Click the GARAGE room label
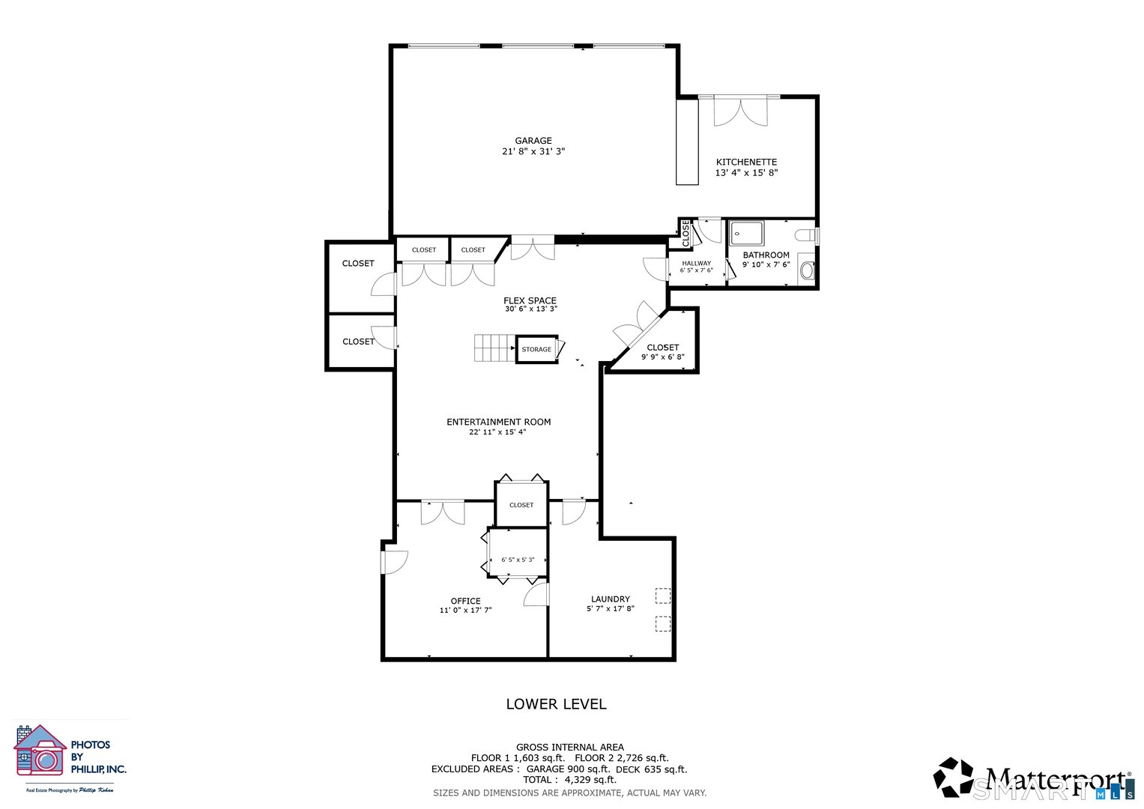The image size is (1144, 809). [533, 141]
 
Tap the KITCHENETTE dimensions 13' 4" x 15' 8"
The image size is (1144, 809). [746, 173]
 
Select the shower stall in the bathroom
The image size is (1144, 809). [746, 233]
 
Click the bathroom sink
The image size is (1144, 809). [807, 270]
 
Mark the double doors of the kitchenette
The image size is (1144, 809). [740, 112]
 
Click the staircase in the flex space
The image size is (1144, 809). [494, 348]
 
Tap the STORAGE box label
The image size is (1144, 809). [536, 350]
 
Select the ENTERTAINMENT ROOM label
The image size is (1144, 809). [498, 422]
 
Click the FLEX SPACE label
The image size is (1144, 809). [530, 301]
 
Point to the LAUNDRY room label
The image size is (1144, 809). [610, 599]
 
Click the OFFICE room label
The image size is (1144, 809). [465, 602]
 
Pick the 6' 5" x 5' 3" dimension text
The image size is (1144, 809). [518, 560]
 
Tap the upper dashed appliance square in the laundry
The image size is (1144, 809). [662, 596]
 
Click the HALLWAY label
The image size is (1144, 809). [696, 264]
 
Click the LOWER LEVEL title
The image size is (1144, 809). [556, 704]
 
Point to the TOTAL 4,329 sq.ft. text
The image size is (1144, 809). [569, 780]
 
